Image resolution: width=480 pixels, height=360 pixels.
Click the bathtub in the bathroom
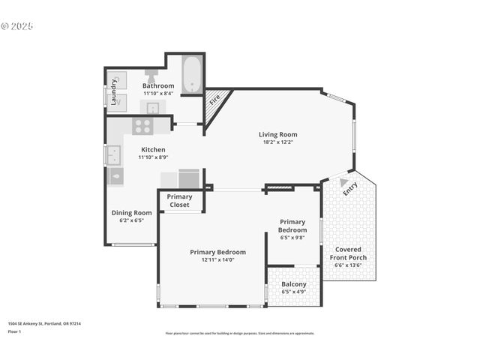[192, 75]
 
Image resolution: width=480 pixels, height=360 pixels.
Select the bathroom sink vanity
[152, 107]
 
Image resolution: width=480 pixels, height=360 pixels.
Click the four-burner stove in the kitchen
[142, 125]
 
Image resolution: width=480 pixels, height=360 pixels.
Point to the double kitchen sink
[114, 155]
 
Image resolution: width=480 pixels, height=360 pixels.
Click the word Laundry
[114, 91]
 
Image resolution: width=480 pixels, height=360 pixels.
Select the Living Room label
[278, 134]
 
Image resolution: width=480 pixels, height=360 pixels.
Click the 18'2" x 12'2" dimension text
[278, 142]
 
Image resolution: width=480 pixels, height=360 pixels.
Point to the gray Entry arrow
[343, 181]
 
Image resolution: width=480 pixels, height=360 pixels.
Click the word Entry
[350, 190]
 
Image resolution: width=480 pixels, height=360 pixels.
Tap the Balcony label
[293, 284]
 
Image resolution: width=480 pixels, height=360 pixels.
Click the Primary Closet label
[180, 200]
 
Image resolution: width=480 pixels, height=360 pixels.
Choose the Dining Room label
[131, 212]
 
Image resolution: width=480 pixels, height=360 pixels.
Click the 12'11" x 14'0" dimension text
[217, 260]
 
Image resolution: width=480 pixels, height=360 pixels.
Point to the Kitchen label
[153, 149]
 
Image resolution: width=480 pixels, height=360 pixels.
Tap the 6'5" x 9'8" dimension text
[292, 237]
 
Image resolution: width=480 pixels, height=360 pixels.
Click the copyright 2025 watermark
[17, 25]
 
